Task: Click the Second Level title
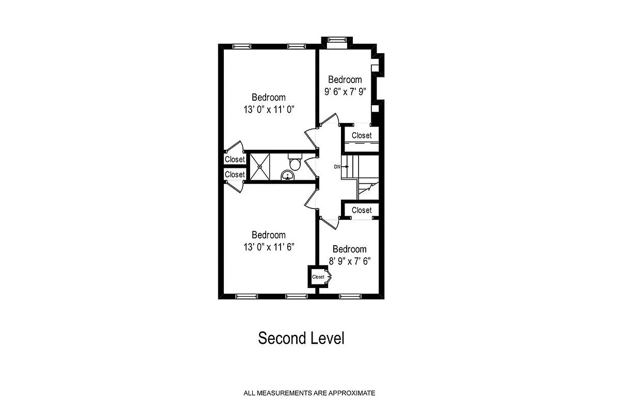pyautogui.click(x=301, y=339)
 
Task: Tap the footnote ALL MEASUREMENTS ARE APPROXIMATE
pyautogui.click(x=309, y=393)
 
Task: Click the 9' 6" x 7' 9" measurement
pyautogui.click(x=345, y=92)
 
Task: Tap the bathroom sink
pyautogui.click(x=287, y=177)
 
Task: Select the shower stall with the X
pyautogui.click(x=260, y=166)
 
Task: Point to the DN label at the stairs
pyautogui.click(x=337, y=167)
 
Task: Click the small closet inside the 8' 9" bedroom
pyautogui.click(x=318, y=277)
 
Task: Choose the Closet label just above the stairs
pyautogui.click(x=361, y=136)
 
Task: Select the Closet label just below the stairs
pyautogui.click(x=361, y=210)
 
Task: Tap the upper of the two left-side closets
pyautogui.click(x=235, y=160)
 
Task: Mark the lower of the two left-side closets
pyautogui.click(x=235, y=174)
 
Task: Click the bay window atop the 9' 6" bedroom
pyautogui.click(x=337, y=40)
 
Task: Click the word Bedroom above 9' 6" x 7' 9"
pyautogui.click(x=345, y=80)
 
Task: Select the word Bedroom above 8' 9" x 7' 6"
pyautogui.click(x=349, y=249)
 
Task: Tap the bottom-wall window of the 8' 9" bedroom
pyautogui.click(x=351, y=296)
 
